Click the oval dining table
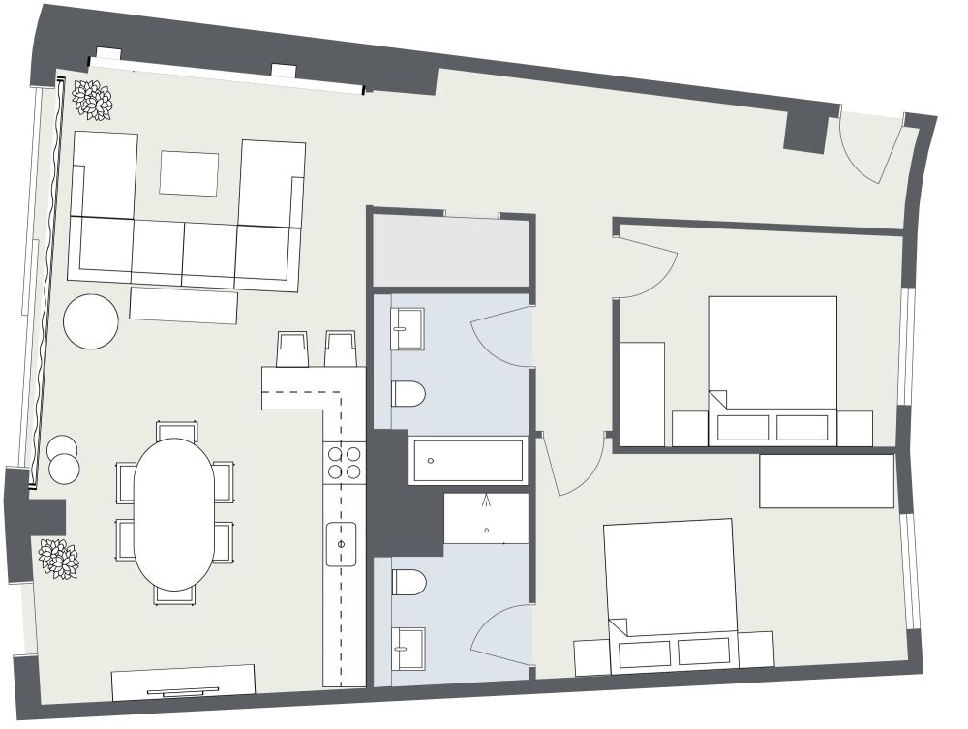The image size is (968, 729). pyautogui.click(x=173, y=514)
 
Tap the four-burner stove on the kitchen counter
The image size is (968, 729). pyautogui.click(x=344, y=462)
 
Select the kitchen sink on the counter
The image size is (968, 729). pyautogui.click(x=341, y=543)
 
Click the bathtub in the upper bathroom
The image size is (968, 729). pyautogui.click(x=468, y=461)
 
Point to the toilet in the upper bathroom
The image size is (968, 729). pyautogui.click(x=408, y=394)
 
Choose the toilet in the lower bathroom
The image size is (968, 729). pyautogui.click(x=408, y=582)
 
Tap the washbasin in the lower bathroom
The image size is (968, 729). pyautogui.click(x=408, y=647)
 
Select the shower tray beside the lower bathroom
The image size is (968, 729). pyautogui.click(x=486, y=518)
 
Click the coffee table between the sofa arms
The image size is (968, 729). pyautogui.click(x=189, y=173)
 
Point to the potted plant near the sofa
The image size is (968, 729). pyautogui.click(x=93, y=100)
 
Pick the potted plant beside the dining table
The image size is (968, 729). pyautogui.click(x=58, y=559)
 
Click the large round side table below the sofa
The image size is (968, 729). pyautogui.click(x=91, y=321)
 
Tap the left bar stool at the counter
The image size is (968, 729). pyautogui.click(x=292, y=349)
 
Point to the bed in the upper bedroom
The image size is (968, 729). pyautogui.click(x=771, y=369)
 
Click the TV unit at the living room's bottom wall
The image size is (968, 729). pyautogui.click(x=183, y=682)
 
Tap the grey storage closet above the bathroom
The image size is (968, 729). pyautogui.click(x=450, y=252)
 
